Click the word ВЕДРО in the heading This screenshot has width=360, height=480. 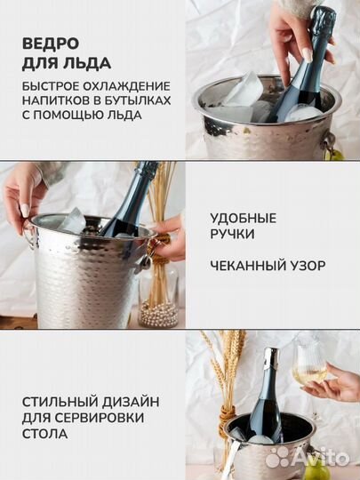pos(51,44)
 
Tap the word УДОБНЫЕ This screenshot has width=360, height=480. pos(244,219)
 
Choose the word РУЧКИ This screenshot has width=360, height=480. pos(232,234)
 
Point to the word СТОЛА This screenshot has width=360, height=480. pos(44,434)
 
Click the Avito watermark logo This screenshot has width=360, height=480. pos(308,459)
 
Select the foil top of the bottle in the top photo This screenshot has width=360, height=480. pos(322,19)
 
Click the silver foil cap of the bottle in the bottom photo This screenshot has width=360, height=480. pos(271,357)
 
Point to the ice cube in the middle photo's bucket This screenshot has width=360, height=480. pos(72,220)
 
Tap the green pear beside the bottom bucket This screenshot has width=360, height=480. pos(317,471)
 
